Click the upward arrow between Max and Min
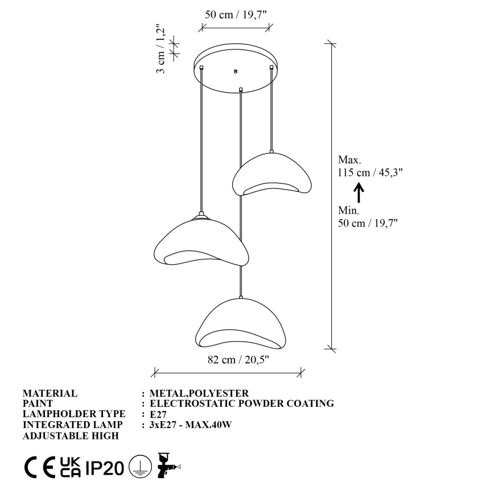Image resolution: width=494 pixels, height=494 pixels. tap(359, 192)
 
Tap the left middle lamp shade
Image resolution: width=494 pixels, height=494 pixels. tap(200, 242)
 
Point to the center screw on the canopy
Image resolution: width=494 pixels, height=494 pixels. tap(235, 72)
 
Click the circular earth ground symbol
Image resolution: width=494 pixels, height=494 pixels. tap(137, 467)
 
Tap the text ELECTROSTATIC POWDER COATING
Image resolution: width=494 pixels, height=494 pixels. tap(241, 404)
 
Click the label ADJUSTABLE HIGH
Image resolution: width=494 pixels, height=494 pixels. tap(71, 436)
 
